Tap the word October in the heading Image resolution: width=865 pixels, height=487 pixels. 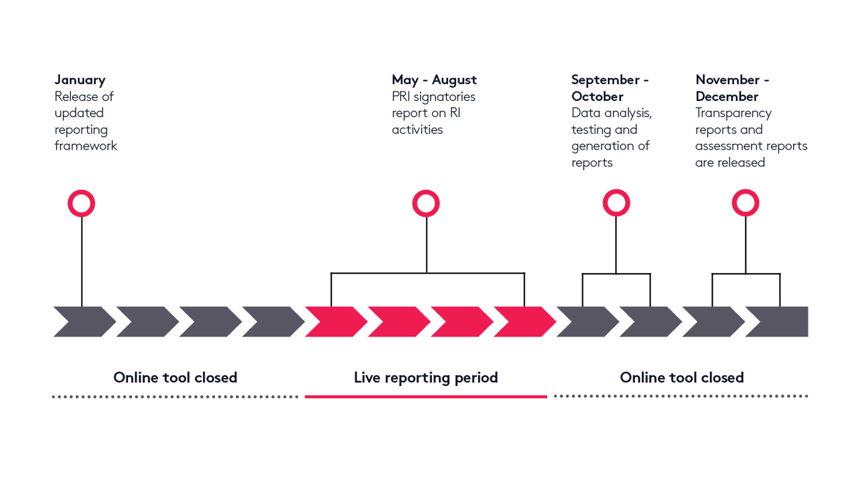597,96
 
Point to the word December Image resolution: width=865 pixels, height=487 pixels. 727,96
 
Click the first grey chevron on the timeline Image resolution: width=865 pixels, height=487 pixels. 85,322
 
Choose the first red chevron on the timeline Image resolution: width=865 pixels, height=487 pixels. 336,322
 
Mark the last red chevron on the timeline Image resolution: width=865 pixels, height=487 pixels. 525,322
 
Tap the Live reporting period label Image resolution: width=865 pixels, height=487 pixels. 425,378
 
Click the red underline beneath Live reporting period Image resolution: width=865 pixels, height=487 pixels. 426,397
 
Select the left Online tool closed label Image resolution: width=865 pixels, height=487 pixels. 175,377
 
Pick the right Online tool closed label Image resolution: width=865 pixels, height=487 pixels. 682,377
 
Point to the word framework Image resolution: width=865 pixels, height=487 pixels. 86,145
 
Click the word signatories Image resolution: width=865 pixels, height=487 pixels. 445,97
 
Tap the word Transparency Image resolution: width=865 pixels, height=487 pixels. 733,113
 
